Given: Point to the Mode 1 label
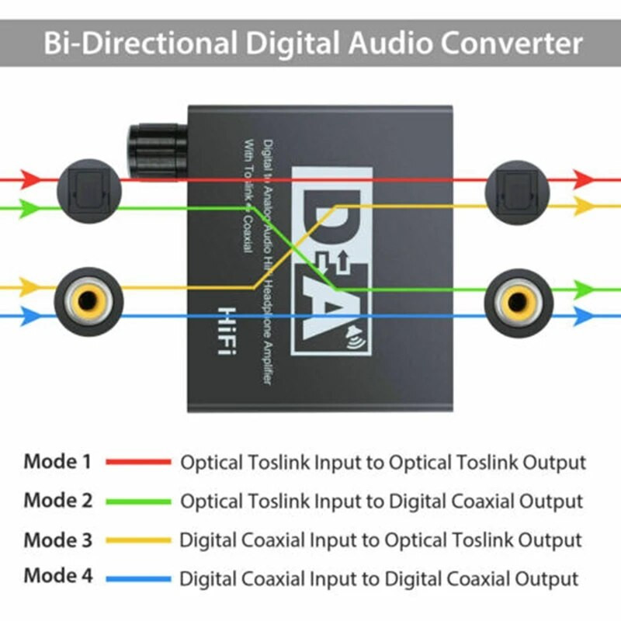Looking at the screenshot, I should pyautogui.click(x=57, y=462).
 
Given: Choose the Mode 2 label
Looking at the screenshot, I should pyautogui.click(x=57, y=501).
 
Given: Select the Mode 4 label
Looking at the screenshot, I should pyautogui.click(x=57, y=577).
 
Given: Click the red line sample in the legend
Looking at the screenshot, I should pyautogui.click(x=138, y=463).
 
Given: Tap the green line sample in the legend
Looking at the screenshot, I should pyautogui.click(x=138, y=501).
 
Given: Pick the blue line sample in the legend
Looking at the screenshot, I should pyautogui.click(x=138, y=578).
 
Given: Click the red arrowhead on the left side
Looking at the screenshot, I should pyautogui.click(x=29, y=179).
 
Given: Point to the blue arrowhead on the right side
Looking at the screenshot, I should pyautogui.click(x=584, y=316).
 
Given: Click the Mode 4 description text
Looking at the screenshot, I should pyautogui.click(x=379, y=578).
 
